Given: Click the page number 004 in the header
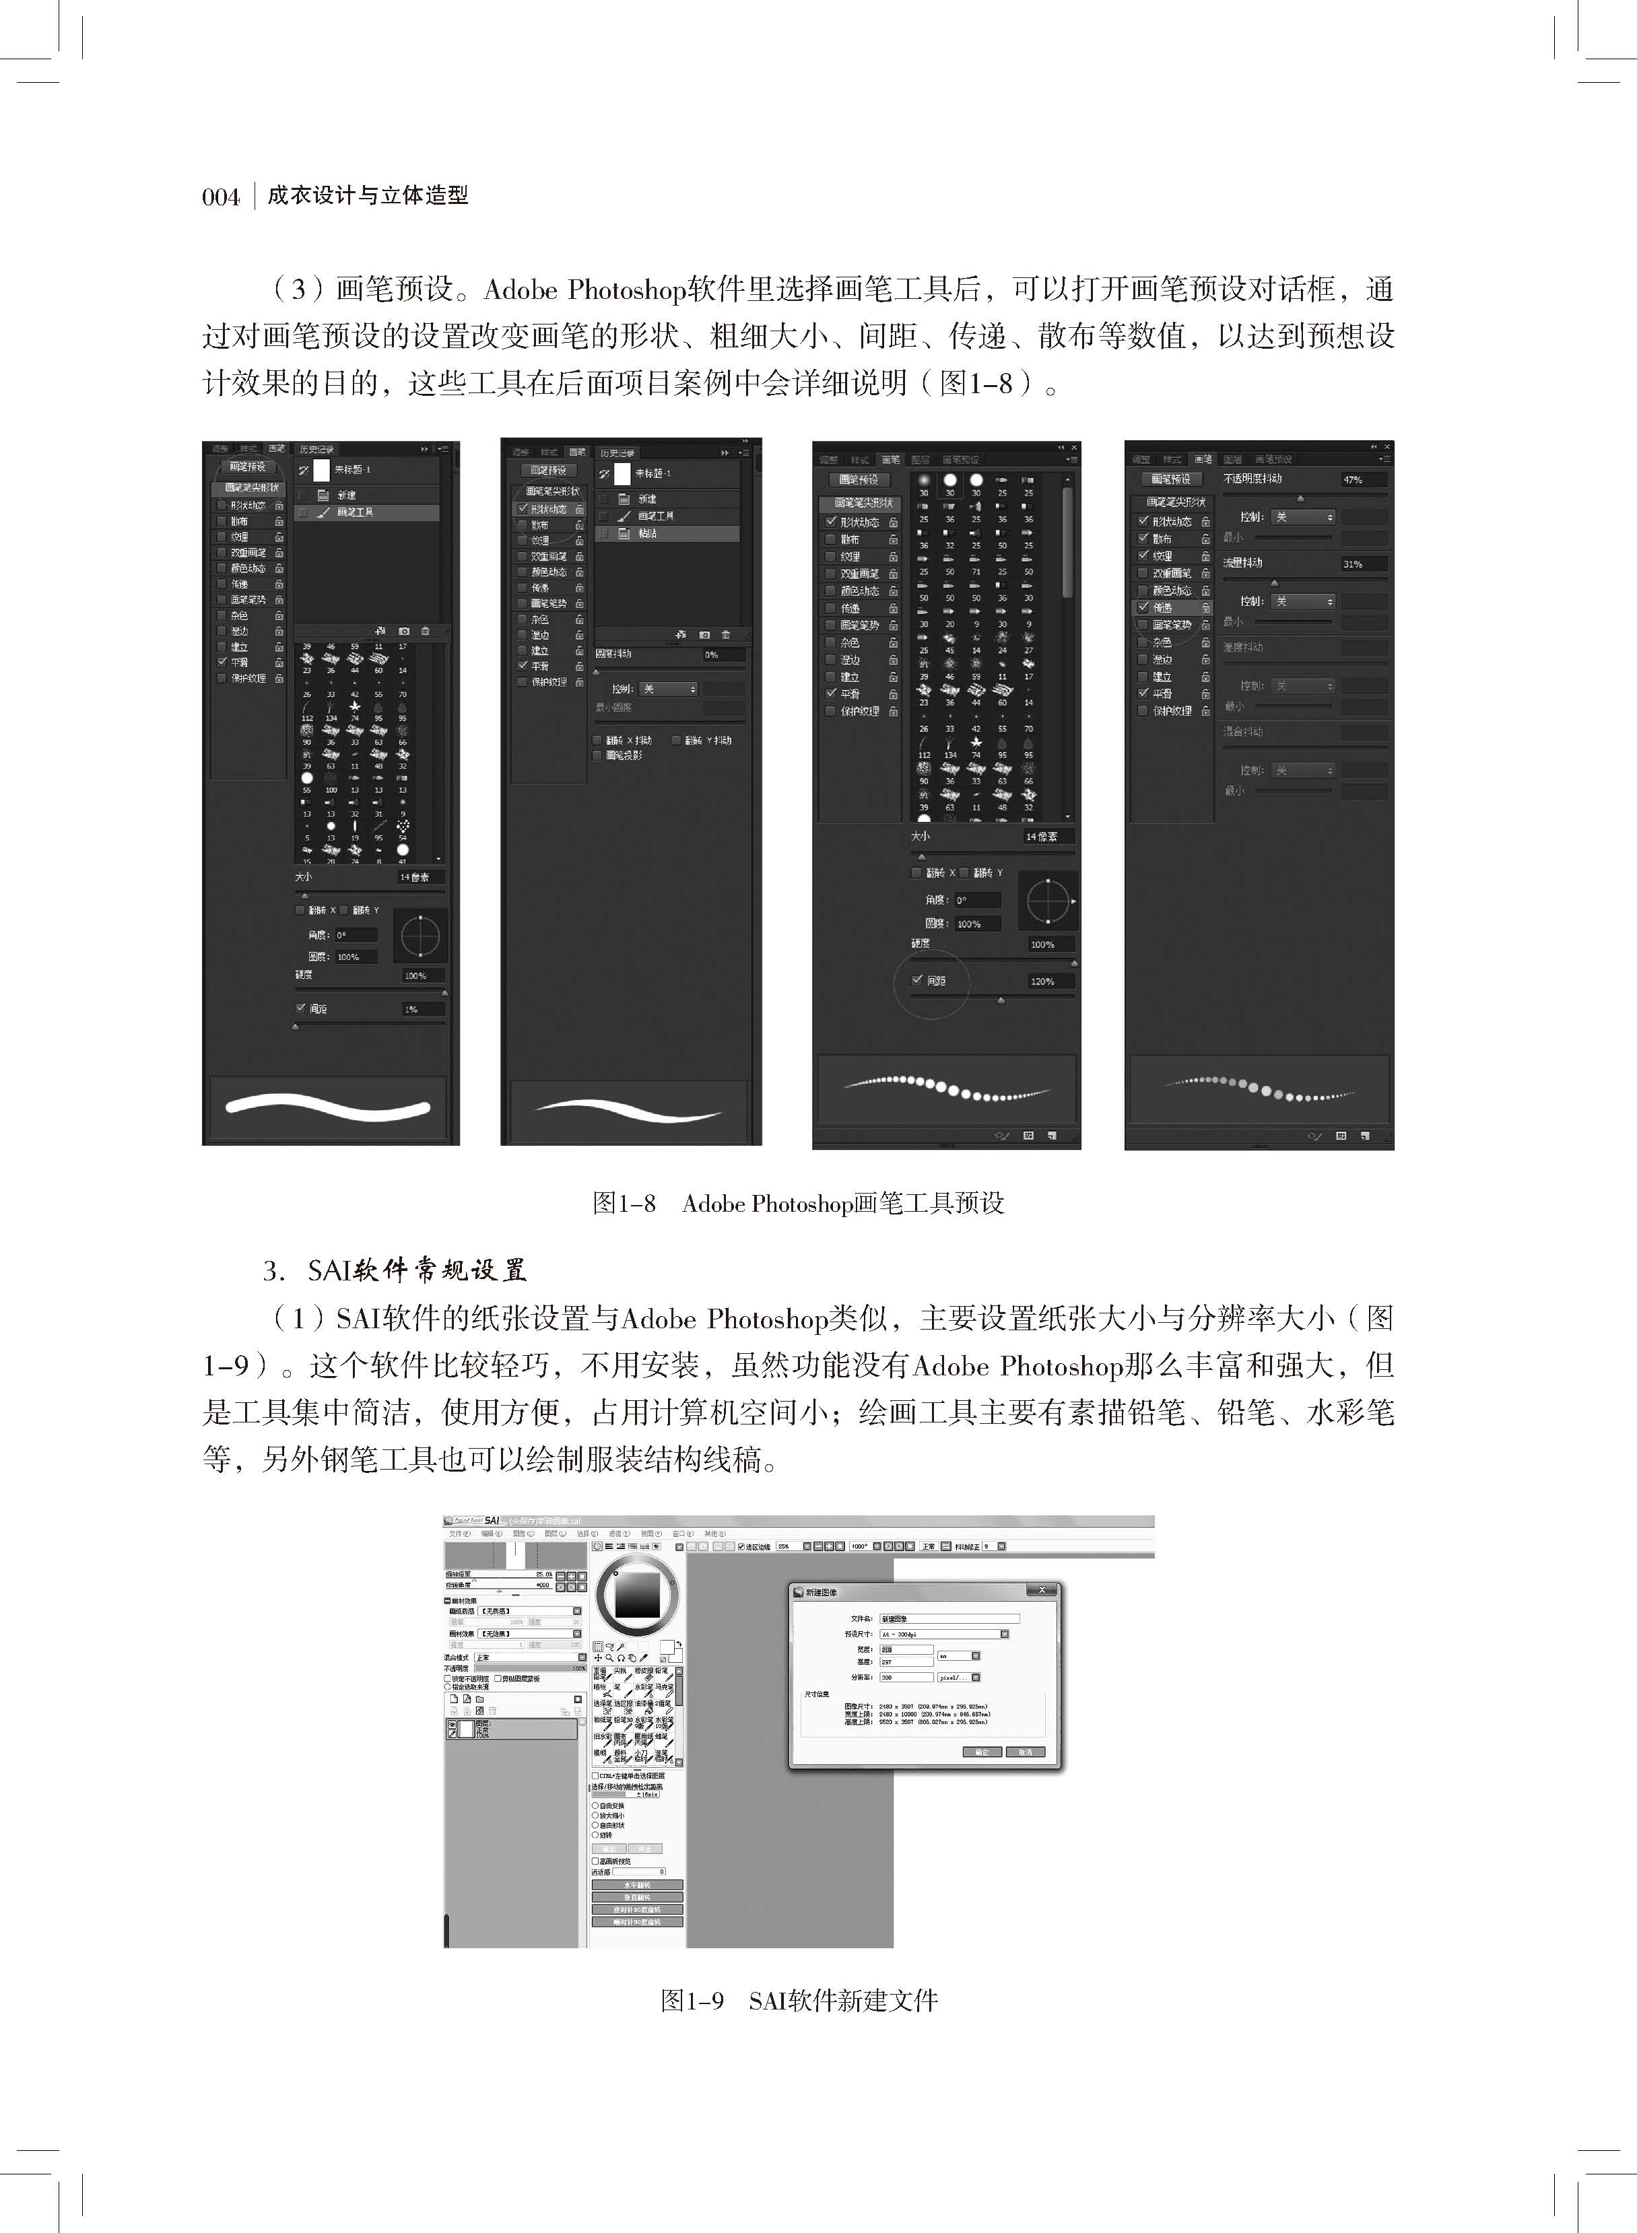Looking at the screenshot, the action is point(221,196).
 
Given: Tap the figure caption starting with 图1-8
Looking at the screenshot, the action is point(798,1204).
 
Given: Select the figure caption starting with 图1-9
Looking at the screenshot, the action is point(799,2000).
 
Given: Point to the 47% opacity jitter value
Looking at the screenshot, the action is point(1353,479).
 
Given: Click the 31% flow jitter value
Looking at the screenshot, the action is point(1353,563).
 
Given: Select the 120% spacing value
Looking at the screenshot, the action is point(1042,981).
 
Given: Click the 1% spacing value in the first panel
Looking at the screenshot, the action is point(411,1008).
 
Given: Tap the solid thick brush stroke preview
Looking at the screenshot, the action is point(328,1107).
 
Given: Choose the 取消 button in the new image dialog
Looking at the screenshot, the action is point(1025,1752).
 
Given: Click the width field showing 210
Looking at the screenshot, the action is point(906,1649).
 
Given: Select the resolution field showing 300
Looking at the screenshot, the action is point(906,1677).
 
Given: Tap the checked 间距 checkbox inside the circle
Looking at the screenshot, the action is point(918,980).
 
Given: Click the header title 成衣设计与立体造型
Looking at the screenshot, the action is point(368,196).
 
